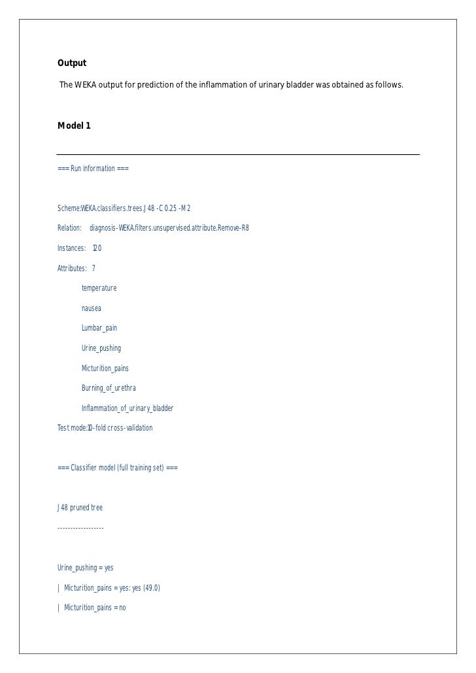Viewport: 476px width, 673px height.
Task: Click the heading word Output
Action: [x=72, y=63]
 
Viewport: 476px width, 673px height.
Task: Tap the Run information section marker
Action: [x=93, y=169]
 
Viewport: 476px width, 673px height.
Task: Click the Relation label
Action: [x=69, y=228]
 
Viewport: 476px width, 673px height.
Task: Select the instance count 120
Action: [x=97, y=248]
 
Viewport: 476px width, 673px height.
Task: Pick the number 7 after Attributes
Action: [x=93, y=268]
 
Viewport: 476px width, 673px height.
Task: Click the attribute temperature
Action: [x=99, y=288]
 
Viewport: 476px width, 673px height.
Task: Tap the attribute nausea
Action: [x=92, y=308]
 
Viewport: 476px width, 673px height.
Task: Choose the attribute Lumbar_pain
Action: [x=99, y=328]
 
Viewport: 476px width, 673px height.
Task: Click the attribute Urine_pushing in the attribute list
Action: [x=101, y=348]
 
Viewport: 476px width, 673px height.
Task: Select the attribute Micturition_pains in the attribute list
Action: [x=105, y=369]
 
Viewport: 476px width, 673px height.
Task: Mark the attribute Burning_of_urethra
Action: [x=109, y=388]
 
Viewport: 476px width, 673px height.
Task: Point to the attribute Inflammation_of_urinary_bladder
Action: [x=127, y=408]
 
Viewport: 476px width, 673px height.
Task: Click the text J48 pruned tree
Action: [x=80, y=508]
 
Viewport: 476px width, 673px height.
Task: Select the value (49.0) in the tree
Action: [x=149, y=588]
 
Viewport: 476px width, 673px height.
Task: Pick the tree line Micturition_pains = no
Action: [x=95, y=608]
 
